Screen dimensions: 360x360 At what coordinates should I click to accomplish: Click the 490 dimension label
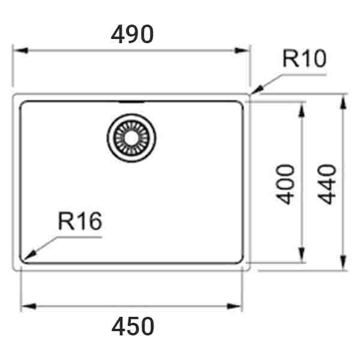(x=133, y=34)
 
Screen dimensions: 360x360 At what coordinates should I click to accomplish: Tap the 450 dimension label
(x=133, y=327)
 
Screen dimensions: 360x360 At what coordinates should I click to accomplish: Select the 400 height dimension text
(x=287, y=184)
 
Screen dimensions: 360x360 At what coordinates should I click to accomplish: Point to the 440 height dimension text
(x=328, y=184)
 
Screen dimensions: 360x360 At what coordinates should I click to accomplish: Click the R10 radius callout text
(x=304, y=59)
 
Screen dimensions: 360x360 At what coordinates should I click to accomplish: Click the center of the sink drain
(x=131, y=137)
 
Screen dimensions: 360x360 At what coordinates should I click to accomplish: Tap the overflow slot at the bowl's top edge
(x=131, y=102)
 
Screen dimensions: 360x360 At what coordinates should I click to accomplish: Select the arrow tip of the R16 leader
(x=25, y=258)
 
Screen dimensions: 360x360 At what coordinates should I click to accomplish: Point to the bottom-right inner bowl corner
(x=241, y=260)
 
